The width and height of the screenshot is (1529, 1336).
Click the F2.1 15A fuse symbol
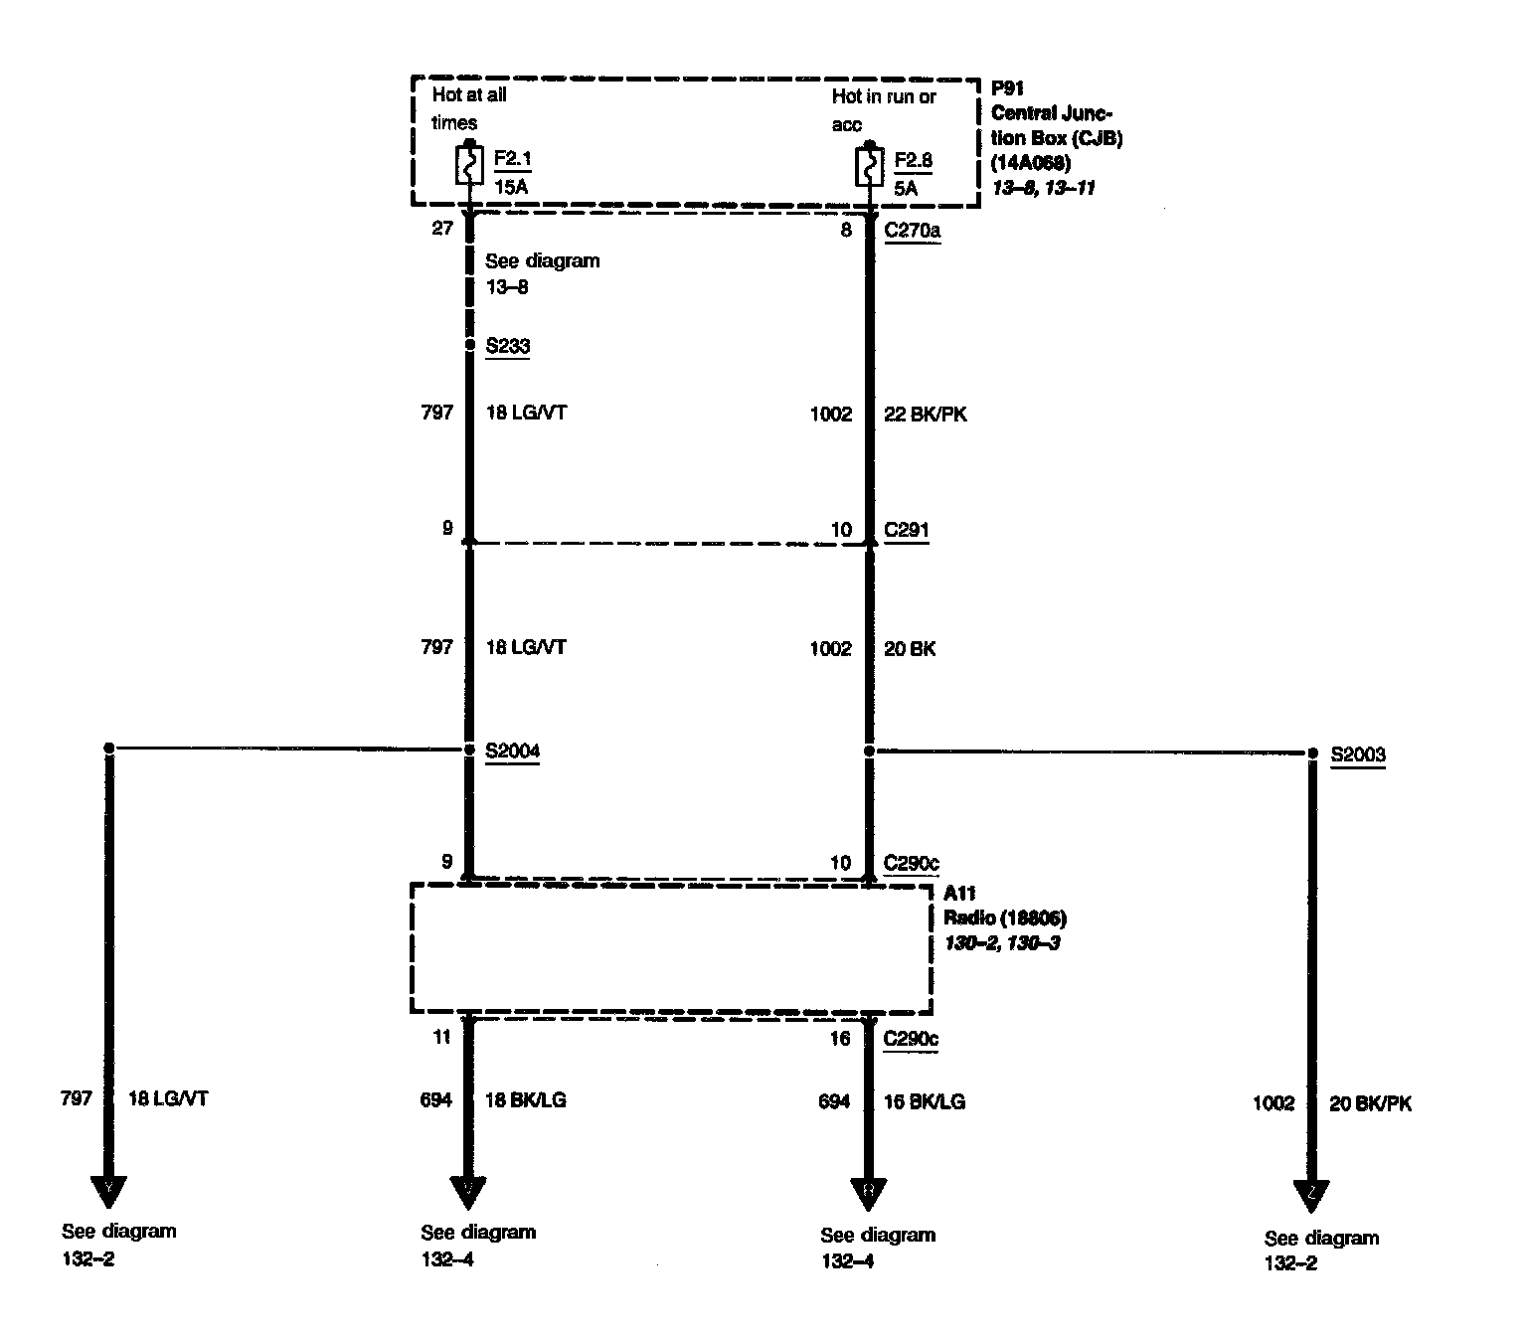[x=469, y=165]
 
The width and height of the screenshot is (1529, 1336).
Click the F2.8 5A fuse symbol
[x=869, y=167]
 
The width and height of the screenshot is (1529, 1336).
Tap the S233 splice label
[x=507, y=346]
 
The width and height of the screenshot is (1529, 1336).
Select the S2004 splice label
[x=512, y=751]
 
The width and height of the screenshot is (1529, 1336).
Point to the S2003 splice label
[x=1358, y=754]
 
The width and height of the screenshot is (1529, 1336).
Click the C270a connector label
[x=913, y=231]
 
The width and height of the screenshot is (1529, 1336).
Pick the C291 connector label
[x=907, y=530]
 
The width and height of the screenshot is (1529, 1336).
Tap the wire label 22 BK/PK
[x=925, y=415]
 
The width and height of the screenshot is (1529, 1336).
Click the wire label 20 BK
[x=910, y=649]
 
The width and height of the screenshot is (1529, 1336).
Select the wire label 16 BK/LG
[x=925, y=1101]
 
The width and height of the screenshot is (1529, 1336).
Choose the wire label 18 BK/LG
[x=526, y=1099]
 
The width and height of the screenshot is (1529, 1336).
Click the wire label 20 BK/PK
[x=1370, y=1103]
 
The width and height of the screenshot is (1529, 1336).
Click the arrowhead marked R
[x=868, y=1193]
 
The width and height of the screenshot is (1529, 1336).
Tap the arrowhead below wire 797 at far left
[x=109, y=1191]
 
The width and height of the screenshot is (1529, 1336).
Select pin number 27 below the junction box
[x=442, y=229]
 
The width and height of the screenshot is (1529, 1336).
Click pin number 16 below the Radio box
[x=840, y=1039]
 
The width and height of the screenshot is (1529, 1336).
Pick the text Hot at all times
[x=469, y=109]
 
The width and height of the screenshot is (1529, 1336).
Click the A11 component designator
[x=959, y=894]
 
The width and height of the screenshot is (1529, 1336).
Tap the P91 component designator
[x=1007, y=87]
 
